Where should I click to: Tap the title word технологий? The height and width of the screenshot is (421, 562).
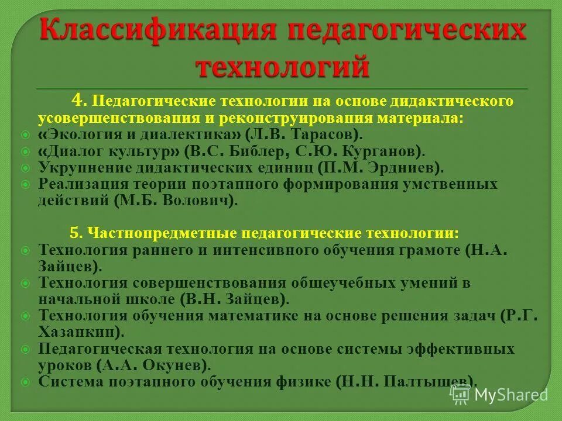[282, 65]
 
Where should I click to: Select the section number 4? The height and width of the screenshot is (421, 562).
[80, 101]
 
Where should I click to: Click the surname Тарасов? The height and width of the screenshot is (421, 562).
[320, 134]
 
